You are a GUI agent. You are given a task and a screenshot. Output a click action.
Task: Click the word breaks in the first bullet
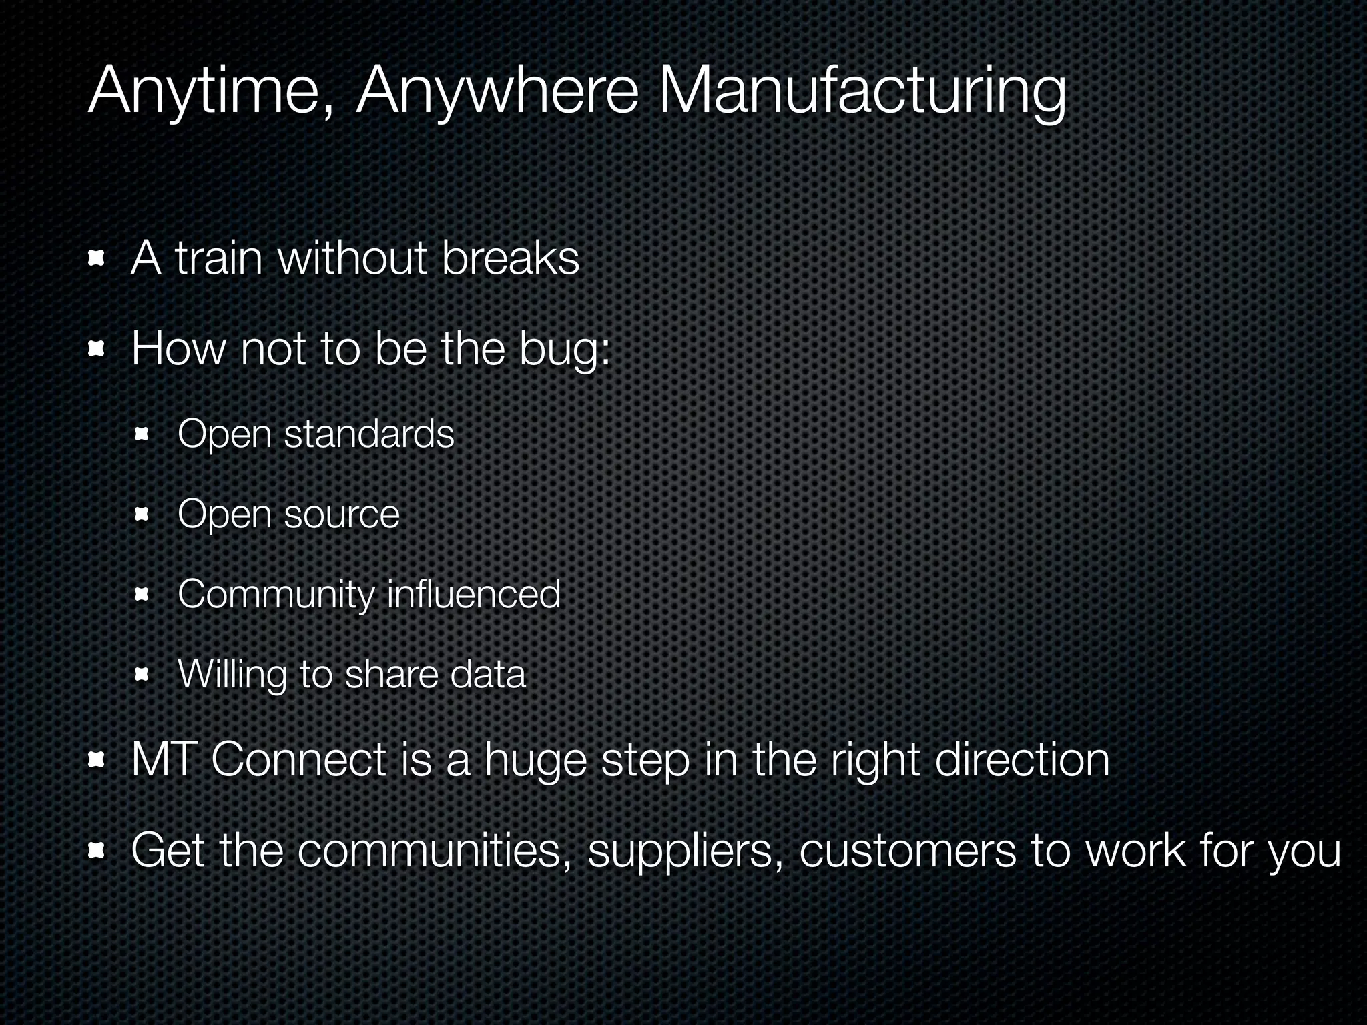tap(510, 258)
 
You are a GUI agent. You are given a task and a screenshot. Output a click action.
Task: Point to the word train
tap(218, 258)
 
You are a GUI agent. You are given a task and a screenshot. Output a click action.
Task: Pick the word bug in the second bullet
tap(560, 349)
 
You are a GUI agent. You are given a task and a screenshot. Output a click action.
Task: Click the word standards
tap(369, 434)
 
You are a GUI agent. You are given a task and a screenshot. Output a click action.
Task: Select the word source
tap(342, 515)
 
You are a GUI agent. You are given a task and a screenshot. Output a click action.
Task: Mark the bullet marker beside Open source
tap(142, 515)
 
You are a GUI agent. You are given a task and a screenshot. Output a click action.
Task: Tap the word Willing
tap(232, 675)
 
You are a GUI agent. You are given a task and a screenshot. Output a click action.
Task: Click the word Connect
tap(299, 760)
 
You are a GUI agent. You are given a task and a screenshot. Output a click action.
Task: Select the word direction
tap(1022, 760)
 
